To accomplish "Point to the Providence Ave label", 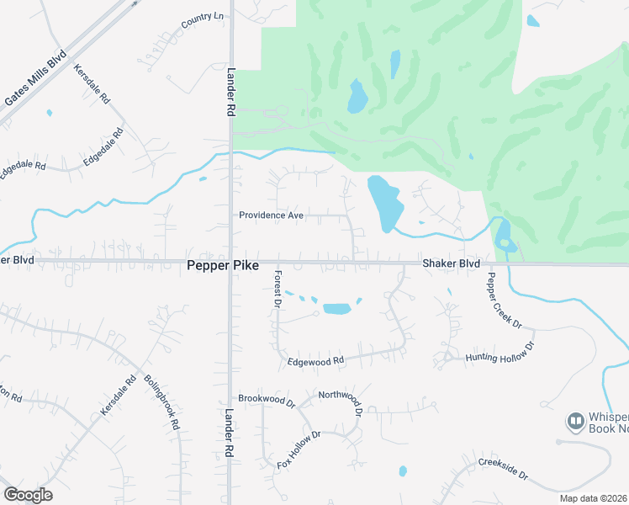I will tap(271, 215).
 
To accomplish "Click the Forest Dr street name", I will tap(277, 290).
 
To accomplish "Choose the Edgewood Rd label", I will tap(316, 361).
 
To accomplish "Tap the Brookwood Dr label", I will tap(267, 400).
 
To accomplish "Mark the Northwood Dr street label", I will tap(340, 403).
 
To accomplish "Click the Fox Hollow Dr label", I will tap(299, 450).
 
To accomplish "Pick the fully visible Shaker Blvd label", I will tap(451, 263).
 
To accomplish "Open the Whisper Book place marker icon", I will tap(575, 420).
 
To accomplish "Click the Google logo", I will tap(28, 495).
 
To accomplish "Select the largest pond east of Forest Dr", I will tap(336, 308).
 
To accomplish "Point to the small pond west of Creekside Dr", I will tap(403, 470).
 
